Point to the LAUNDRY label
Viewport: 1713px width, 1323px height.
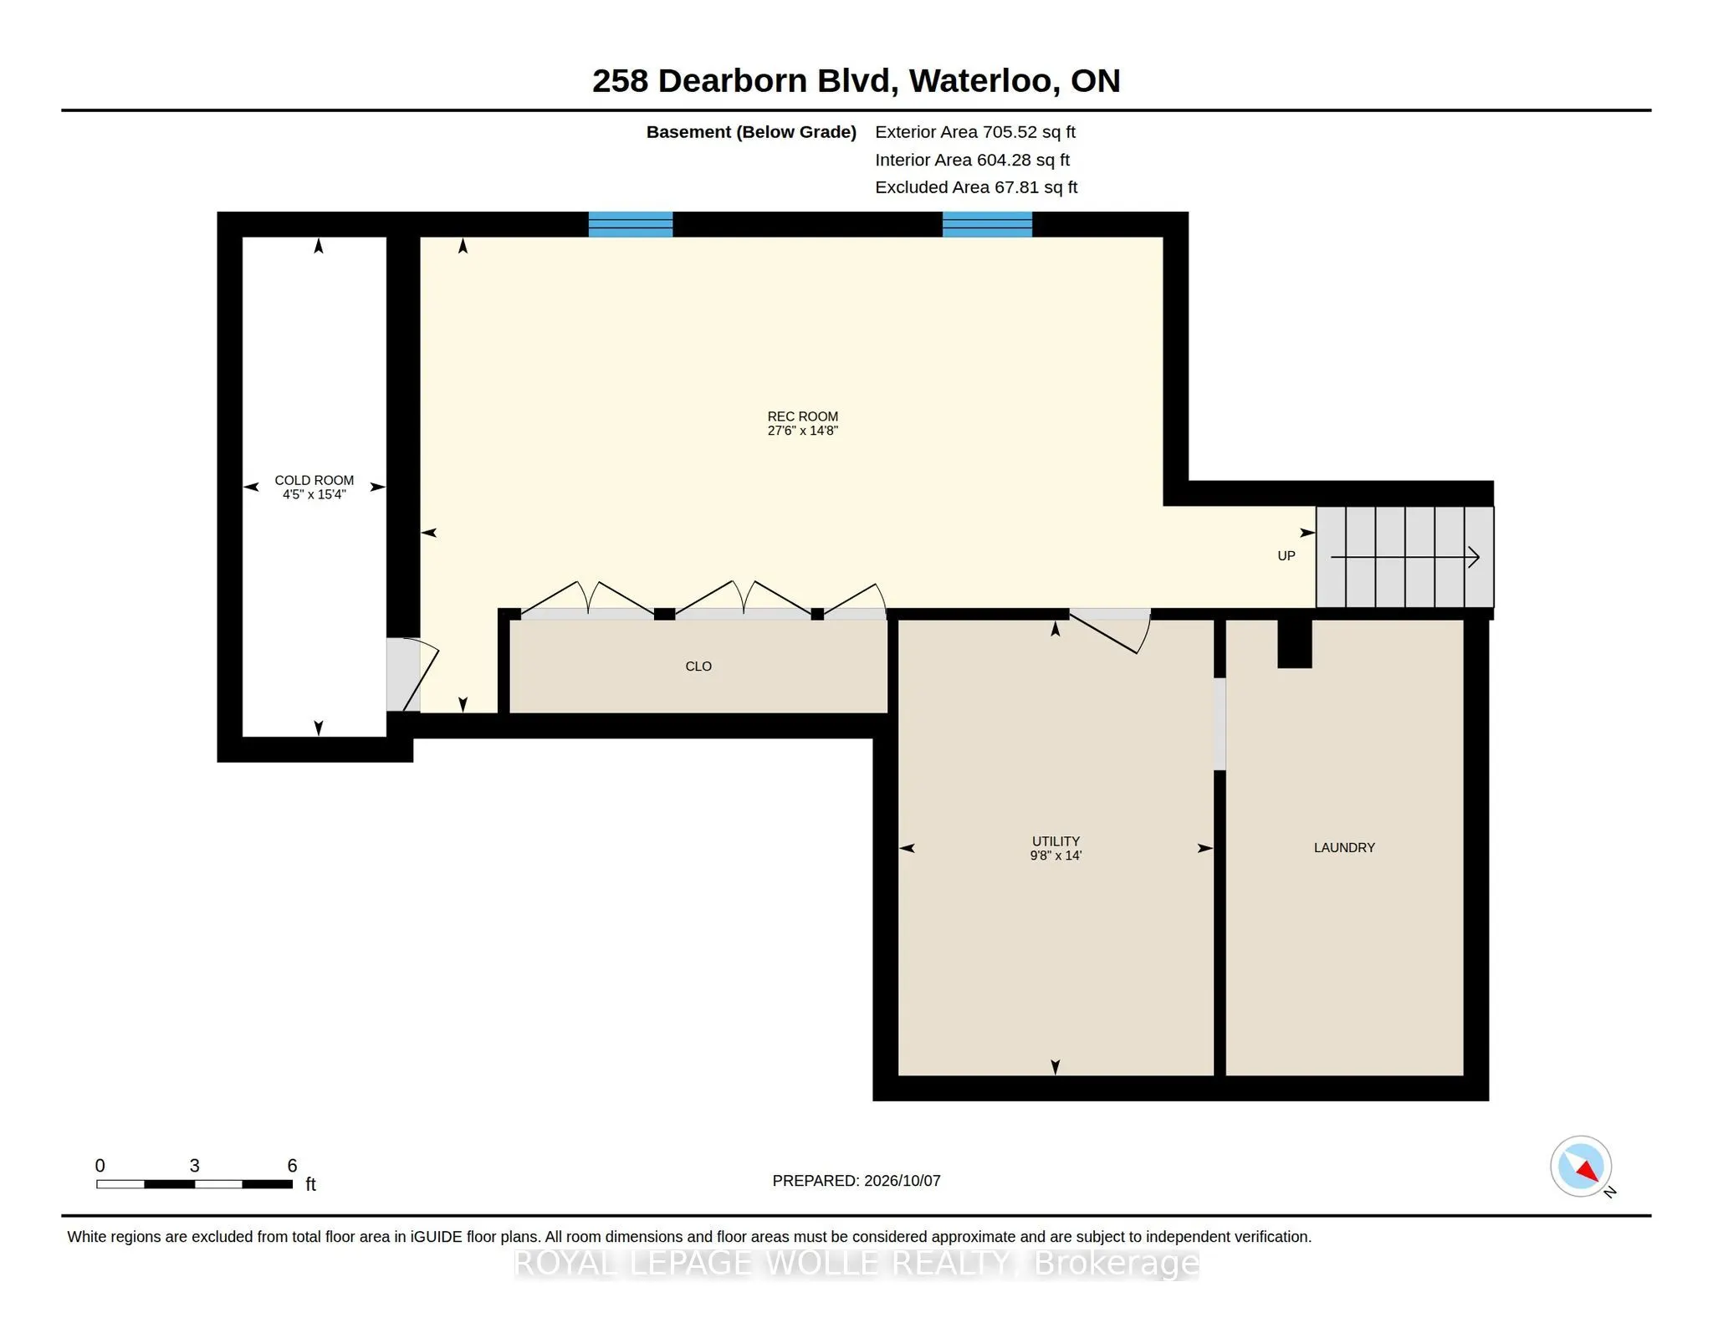click(x=1344, y=847)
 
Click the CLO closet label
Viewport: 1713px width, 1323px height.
click(x=698, y=667)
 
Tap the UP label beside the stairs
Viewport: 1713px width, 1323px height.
click(x=1286, y=556)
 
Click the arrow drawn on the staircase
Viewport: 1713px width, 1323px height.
click(x=1405, y=557)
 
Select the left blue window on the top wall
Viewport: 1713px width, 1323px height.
click(x=631, y=224)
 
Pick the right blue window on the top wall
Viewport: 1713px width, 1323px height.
click(x=987, y=224)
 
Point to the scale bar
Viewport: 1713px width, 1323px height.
click(x=194, y=1184)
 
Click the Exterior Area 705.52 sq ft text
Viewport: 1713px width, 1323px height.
click(x=975, y=132)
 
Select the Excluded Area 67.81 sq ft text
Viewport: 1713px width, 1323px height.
click(x=976, y=187)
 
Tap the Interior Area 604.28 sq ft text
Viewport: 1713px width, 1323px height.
click(x=972, y=160)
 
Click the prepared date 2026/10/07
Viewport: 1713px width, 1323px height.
click(x=903, y=1181)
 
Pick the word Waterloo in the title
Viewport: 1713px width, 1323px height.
click(x=980, y=81)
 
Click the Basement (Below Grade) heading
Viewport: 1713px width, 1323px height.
click(x=751, y=132)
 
